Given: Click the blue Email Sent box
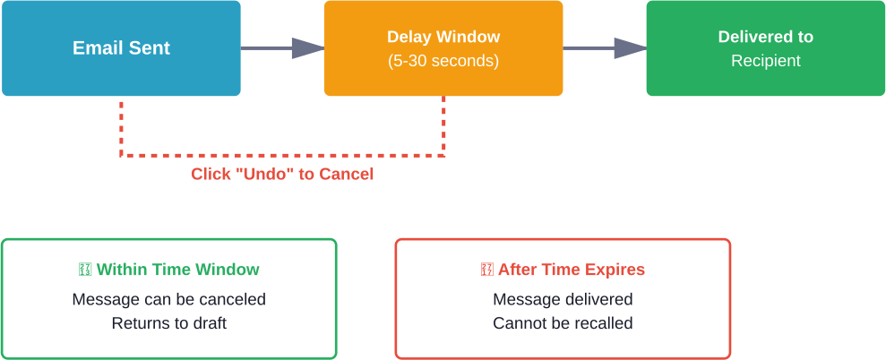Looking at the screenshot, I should [x=121, y=48].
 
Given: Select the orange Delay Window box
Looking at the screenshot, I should [x=443, y=48].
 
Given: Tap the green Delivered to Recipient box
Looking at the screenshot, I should [x=765, y=48].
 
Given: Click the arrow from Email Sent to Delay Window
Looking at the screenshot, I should [x=281, y=48].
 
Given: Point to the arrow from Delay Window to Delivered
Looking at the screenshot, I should [x=604, y=48].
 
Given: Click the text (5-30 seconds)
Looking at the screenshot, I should [x=443, y=62].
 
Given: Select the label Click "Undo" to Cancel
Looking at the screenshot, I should [x=282, y=175].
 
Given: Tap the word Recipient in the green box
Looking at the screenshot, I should [x=765, y=62].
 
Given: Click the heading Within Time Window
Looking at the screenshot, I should [x=177, y=270].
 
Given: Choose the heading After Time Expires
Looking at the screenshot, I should [x=571, y=270].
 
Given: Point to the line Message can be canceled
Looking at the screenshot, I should [x=168, y=299].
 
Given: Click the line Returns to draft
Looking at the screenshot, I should [x=168, y=323].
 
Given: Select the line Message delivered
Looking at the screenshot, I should [x=563, y=299].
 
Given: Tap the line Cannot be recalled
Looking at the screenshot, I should [x=563, y=323].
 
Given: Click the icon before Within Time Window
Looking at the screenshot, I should [x=85, y=270].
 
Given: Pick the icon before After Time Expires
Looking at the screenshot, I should [x=487, y=270].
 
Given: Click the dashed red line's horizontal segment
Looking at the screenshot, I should [x=282, y=156].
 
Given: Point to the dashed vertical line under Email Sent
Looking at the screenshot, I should [x=121, y=125].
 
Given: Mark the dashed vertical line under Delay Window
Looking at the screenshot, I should [x=443, y=125].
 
